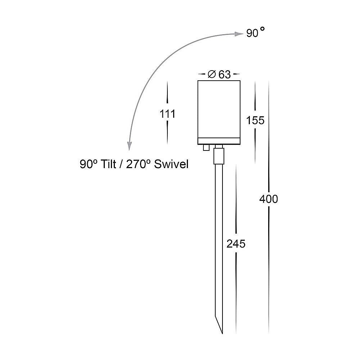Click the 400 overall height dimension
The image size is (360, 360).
(269, 199)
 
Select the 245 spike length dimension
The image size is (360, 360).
(236, 244)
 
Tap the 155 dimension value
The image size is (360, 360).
(255, 120)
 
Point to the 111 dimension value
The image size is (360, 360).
(167, 114)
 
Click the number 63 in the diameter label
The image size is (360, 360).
(224, 75)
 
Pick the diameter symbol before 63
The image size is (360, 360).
(212, 74)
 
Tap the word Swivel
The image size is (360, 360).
(171, 164)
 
